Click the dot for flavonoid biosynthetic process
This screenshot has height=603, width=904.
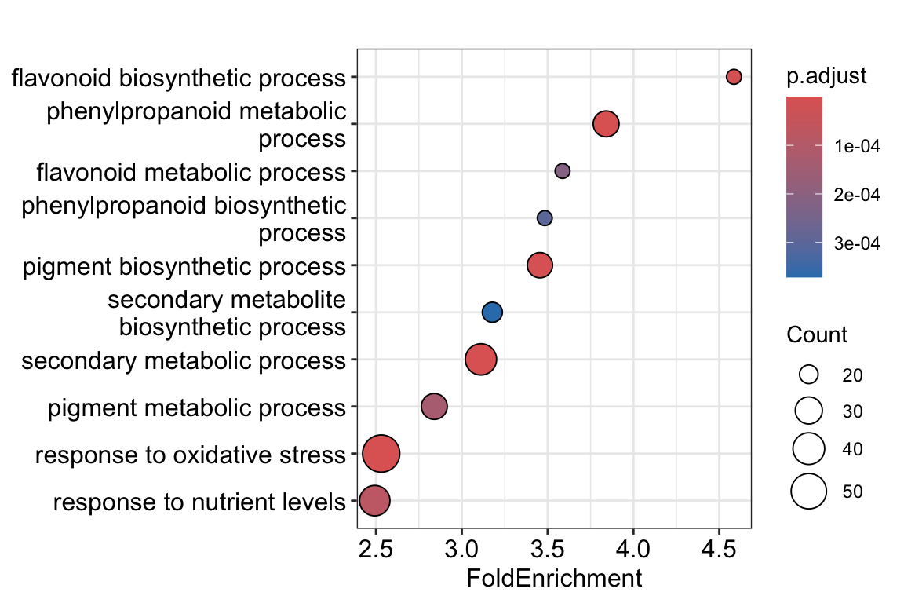(x=734, y=77)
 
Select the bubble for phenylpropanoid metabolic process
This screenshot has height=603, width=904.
(x=606, y=124)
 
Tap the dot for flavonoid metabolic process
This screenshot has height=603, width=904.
(x=562, y=171)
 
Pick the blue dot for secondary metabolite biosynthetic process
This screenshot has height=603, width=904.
(x=492, y=312)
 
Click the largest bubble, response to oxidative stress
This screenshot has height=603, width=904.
(x=381, y=454)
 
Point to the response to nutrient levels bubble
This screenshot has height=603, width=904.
(x=374, y=501)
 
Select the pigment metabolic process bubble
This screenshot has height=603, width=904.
(x=434, y=407)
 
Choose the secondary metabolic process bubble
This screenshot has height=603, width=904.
(x=481, y=360)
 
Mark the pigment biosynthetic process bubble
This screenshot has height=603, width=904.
(x=539, y=265)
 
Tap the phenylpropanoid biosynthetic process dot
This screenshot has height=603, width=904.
(x=545, y=218)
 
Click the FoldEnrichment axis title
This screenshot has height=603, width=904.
(x=554, y=579)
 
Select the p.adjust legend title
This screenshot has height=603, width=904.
(x=826, y=76)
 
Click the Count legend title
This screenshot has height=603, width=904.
(x=816, y=335)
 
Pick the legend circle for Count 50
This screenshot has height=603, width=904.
(x=809, y=492)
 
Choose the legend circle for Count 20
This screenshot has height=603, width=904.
(x=809, y=375)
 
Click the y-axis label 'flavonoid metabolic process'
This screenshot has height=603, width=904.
(x=191, y=171)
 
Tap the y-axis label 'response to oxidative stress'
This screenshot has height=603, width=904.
(x=190, y=455)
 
